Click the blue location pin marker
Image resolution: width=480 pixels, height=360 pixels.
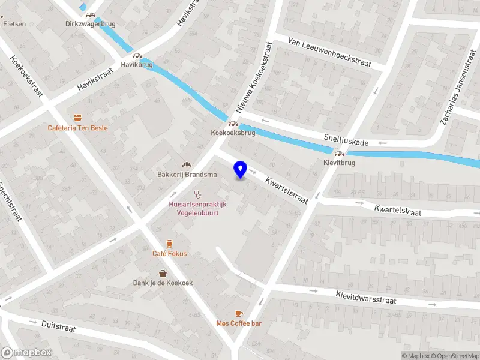[x=241, y=169]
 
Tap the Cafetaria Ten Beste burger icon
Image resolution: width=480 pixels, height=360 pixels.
[x=78, y=118]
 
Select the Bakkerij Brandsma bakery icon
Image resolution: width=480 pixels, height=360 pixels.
[x=186, y=165]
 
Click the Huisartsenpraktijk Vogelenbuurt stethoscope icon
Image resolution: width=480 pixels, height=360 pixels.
[x=197, y=194]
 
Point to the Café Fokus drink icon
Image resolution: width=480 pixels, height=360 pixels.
[x=169, y=243]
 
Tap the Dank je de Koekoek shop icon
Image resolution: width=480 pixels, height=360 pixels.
[x=163, y=272]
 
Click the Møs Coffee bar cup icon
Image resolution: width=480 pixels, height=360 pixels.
[x=239, y=313]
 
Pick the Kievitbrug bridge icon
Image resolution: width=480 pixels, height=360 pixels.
[x=339, y=154]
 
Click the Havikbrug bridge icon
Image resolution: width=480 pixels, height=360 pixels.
[x=137, y=55]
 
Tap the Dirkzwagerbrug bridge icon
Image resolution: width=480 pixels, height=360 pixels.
[x=90, y=15]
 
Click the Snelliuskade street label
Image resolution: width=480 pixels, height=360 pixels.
[x=346, y=140]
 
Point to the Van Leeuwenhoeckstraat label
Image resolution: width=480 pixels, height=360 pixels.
[x=329, y=52]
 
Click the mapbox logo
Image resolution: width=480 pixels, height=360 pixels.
[x=26, y=353]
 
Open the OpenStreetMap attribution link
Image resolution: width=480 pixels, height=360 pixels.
[x=453, y=356]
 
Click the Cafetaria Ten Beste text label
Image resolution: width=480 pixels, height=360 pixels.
[x=79, y=128]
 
